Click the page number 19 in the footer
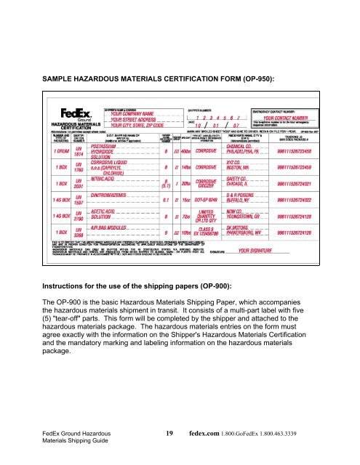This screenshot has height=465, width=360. [169, 432]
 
